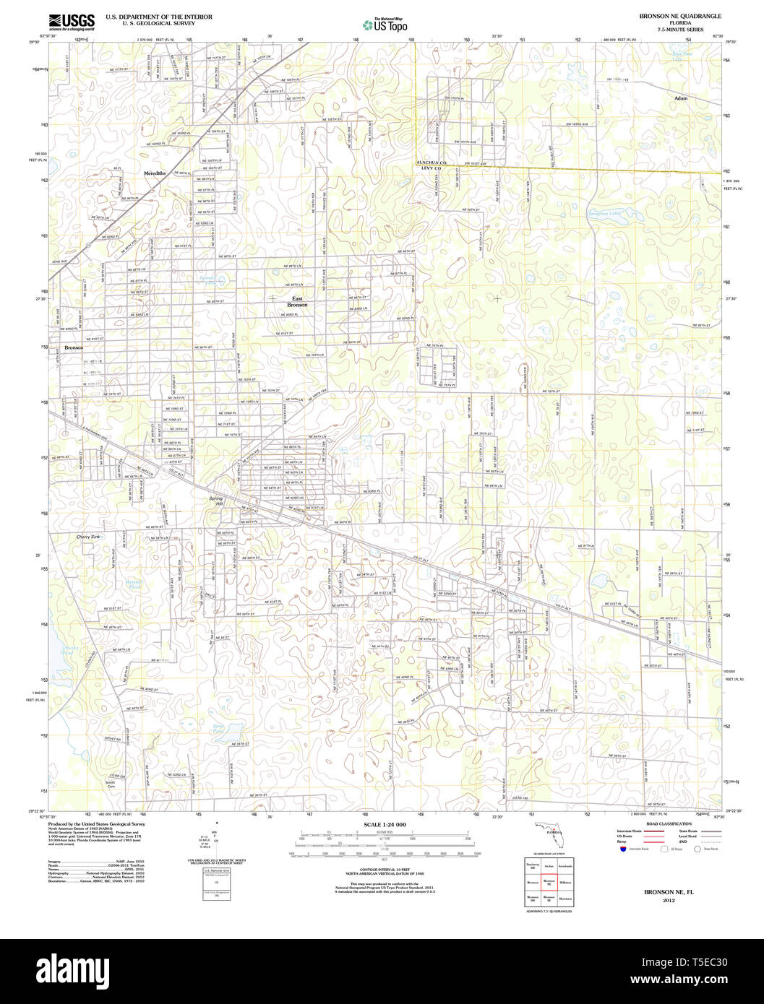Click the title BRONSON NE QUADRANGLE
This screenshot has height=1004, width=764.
pyautogui.click(x=679, y=16)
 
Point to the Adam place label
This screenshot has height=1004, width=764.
pyautogui.click(x=681, y=98)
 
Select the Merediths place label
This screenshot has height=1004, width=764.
pyautogui.click(x=155, y=173)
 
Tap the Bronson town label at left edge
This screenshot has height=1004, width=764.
pyautogui.click(x=74, y=347)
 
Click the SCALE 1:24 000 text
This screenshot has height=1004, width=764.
pyautogui.click(x=385, y=824)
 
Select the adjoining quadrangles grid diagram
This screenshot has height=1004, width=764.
pyautogui.click(x=549, y=882)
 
